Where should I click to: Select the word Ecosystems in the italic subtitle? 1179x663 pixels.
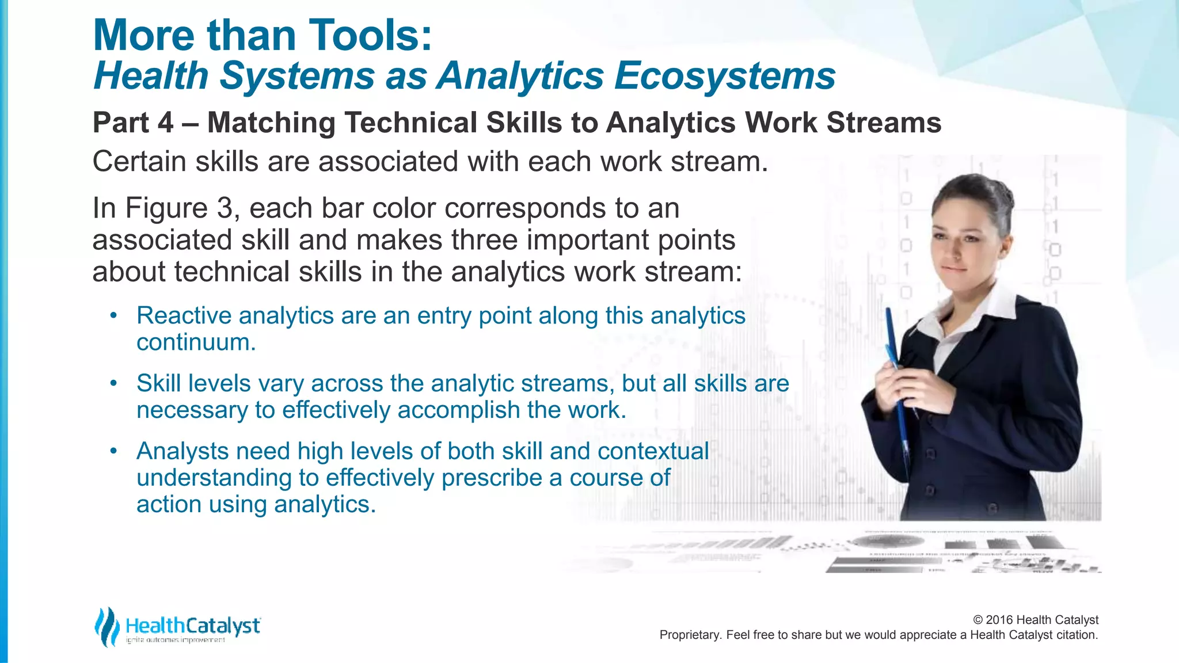click(724, 76)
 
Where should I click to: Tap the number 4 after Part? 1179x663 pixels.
click(165, 123)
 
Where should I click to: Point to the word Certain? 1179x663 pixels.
click(139, 162)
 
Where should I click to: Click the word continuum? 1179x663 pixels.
click(196, 342)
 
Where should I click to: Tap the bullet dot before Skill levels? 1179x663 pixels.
click(114, 383)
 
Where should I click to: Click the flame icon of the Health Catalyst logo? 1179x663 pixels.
click(107, 626)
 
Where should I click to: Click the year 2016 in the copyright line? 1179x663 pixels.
click(999, 620)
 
